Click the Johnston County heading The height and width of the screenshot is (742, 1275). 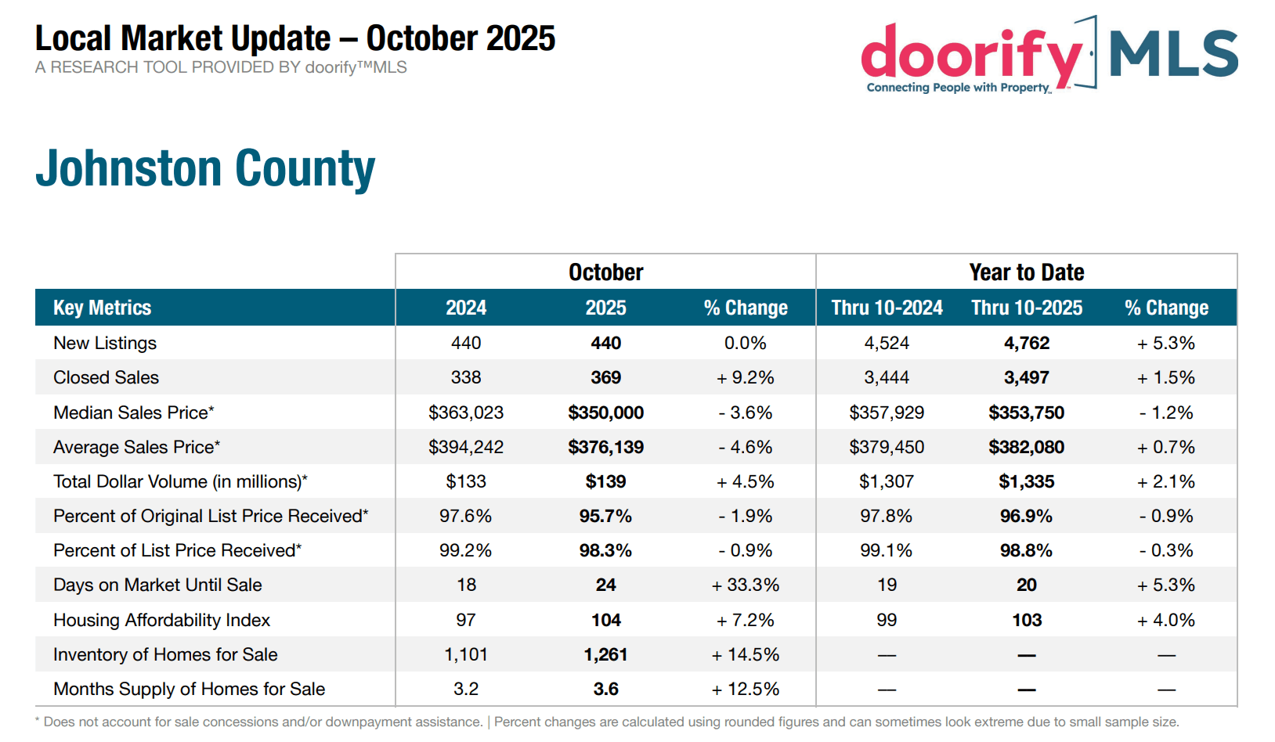(x=205, y=169)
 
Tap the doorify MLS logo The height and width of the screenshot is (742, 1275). (x=1049, y=55)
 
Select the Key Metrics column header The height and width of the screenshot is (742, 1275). (x=103, y=308)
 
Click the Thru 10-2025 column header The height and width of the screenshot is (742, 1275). (x=1027, y=308)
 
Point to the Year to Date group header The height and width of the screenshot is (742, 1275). (x=1027, y=272)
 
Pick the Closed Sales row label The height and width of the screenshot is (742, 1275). (x=106, y=377)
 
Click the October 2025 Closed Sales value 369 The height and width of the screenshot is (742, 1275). (x=605, y=377)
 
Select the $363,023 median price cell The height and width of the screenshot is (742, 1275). (x=466, y=412)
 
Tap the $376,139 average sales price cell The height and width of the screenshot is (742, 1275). (x=605, y=447)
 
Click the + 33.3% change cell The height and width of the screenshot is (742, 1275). (x=745, y=585)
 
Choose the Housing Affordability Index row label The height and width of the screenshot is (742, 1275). (x=161, y=620)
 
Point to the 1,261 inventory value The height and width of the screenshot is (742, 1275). (x=605, y=654)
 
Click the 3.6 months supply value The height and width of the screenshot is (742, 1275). (x=605, y=689)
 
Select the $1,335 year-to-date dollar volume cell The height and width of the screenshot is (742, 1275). (x=1027, y=482)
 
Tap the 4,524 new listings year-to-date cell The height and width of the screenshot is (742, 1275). (x=887, y=343)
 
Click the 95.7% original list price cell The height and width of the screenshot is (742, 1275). (x=605, y=516)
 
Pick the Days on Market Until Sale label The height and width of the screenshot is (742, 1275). (x=157, y=585)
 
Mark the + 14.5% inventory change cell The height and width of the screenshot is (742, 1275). (x=745, y=654)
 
